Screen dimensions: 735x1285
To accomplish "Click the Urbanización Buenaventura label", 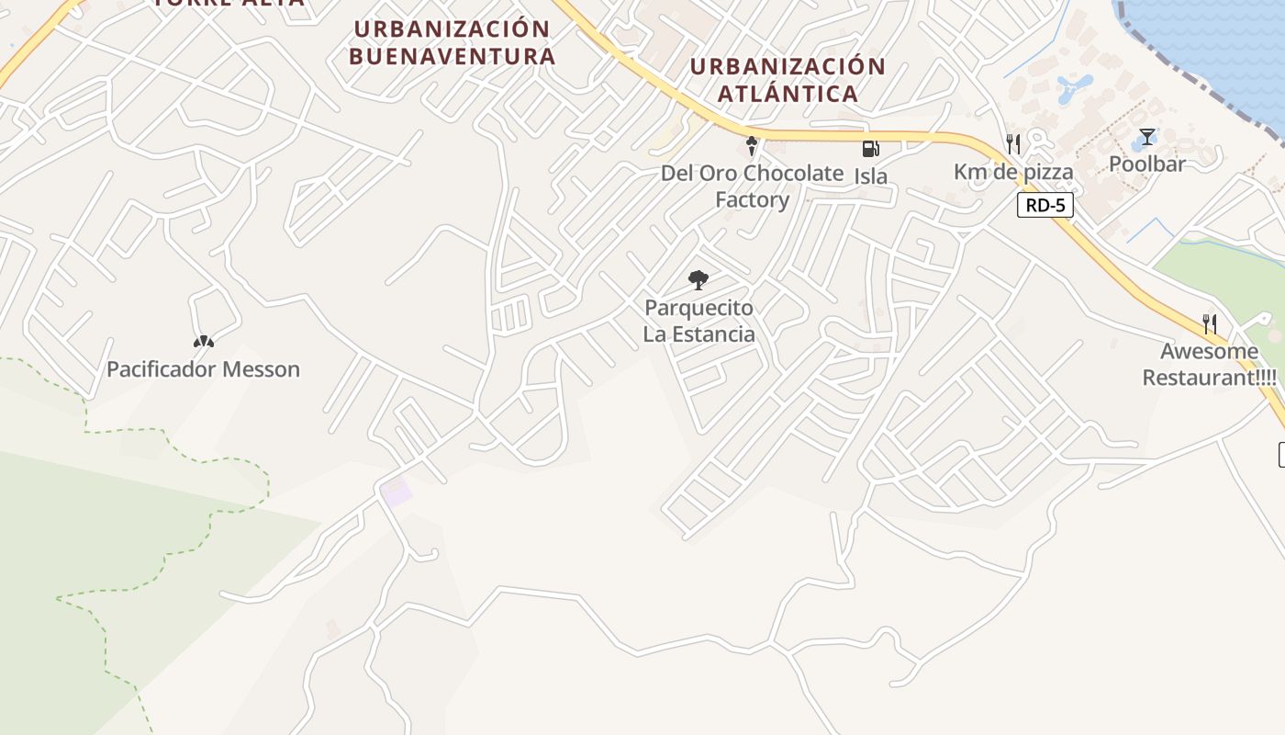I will click(452, 42).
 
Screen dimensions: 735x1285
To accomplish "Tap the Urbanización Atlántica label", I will click(788, 80).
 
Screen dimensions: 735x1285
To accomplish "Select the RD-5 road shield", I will click(1045, 205).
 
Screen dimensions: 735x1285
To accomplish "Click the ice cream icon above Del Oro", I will click(752, 146).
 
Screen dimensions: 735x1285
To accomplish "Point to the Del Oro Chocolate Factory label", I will click(752, 187).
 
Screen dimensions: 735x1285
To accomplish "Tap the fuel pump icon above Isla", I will click(869, 149).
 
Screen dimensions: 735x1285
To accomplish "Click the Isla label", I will click(871, 175).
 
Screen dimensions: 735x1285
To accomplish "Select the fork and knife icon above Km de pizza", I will click(1013, 144).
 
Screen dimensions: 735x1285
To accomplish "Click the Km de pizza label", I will click(1013, 172).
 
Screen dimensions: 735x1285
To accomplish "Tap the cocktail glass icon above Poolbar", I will click(1146, 138).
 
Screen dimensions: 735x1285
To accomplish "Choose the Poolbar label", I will click(1147, 164).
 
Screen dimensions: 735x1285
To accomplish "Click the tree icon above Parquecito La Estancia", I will click(698, 280).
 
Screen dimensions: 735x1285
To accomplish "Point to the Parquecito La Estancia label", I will click(699, 321).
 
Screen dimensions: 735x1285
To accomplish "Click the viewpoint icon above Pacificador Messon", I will click(204, 343).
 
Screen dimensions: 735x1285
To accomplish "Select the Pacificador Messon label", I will click(204, 369).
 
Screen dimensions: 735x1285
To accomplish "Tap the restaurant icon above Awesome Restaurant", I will click(1210, 323).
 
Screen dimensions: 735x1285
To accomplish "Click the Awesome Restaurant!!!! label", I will click(1209, 364).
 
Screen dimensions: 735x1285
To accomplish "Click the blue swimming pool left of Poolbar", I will click(1072, 89).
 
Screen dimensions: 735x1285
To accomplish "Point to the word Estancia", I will click(710, 334).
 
